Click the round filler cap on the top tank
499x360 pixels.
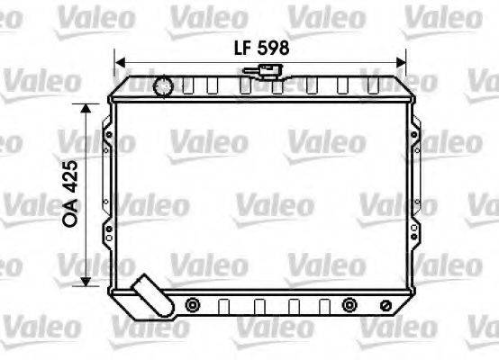163,86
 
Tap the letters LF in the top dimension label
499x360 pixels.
236,49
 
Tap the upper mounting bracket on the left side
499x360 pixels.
109,136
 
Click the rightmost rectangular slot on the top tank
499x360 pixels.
373,87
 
